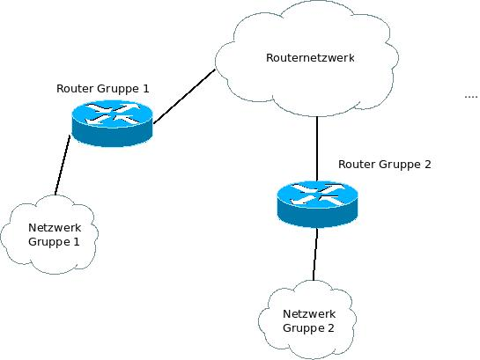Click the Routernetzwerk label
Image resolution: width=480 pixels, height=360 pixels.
click(x=310, y=58)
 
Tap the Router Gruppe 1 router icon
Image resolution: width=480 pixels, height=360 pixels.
click(x=112, y=123)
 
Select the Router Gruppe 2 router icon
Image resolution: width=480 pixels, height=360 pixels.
click(x=317, y=204)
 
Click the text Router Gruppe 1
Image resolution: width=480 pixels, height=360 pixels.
click(x=103, y=89)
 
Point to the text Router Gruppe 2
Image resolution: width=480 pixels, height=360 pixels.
click(x=385, y=165)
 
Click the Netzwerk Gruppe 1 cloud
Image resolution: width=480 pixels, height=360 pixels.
click(x=49, y=235)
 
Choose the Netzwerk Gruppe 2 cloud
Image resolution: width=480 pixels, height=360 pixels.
click(x=307, y=320)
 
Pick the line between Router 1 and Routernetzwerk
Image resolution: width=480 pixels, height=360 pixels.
click(x=184, y=97)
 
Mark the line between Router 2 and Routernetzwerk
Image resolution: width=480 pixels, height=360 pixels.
click(x=317, y=149)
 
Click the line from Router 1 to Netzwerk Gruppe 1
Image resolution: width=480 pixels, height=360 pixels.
click(x=63, y=165)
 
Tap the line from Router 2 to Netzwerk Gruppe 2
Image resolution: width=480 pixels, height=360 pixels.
click(x=315, y=254)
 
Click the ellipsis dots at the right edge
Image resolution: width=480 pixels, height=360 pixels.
click(x=471, y=97)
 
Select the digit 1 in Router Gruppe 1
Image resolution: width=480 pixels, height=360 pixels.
click(x=145, y=88)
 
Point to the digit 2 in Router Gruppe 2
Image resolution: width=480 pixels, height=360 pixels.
click(x=428, y=165)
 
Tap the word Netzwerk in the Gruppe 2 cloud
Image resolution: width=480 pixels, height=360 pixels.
click(x=309, y=314)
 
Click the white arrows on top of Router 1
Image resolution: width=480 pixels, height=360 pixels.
click(x=112, y=114)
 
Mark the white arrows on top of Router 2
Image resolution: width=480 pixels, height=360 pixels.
click(x=317, y=195)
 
